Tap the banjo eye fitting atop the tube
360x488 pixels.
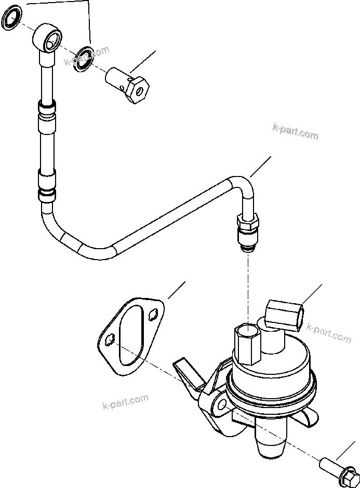tap(50, 39)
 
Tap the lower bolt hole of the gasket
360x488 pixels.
tap(109, 340)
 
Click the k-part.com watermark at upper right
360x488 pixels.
tap(295, 131)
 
